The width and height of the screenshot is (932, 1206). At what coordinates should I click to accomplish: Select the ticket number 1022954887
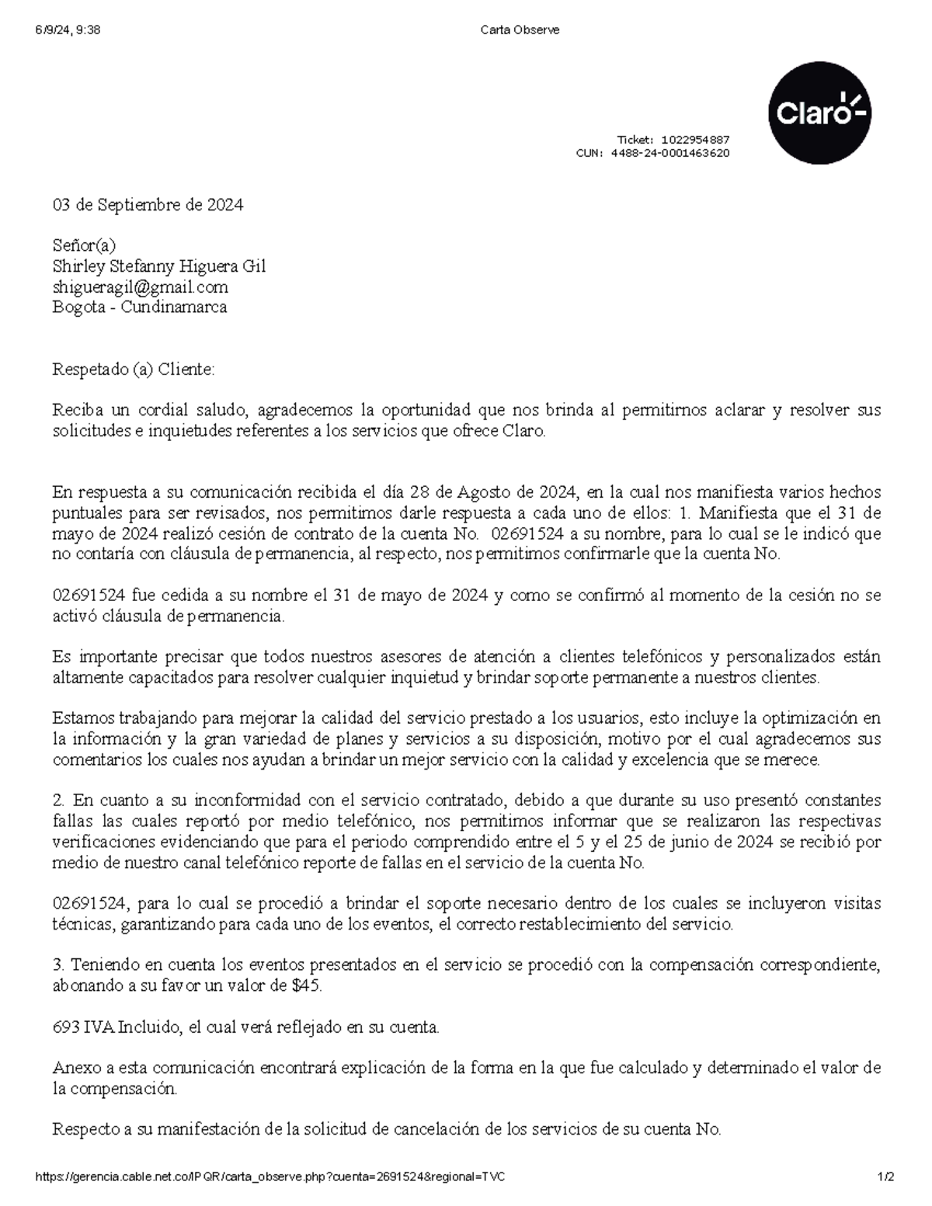coord(695,140)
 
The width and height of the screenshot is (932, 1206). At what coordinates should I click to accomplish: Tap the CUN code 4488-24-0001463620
coord(670,153)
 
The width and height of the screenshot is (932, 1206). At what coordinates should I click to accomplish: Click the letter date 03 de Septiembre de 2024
coord(148,205)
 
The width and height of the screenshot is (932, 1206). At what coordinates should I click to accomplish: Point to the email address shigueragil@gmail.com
coord(140,287)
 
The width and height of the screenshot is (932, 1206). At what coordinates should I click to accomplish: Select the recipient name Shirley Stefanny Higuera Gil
coord(158,266)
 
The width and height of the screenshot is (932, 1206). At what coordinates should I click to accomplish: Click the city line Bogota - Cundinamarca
coord(140,307)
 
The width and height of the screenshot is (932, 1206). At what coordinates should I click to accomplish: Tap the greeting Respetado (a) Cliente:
coord(133,369)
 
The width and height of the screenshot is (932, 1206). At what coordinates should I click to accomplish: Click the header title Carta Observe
coord(520,30)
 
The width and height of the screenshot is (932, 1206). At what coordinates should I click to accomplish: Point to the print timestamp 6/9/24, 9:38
coord(67,30)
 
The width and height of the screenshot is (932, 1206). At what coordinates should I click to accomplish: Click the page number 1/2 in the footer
coord(885,1177)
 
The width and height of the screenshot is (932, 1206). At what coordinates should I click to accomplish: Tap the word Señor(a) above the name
coord(84,245)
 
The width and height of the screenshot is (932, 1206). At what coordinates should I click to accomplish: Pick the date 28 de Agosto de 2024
coord(492,492)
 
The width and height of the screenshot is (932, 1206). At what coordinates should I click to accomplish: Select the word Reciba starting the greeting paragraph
coord(76,410)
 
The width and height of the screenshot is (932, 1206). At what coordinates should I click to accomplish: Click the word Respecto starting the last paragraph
coord(85,1129)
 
